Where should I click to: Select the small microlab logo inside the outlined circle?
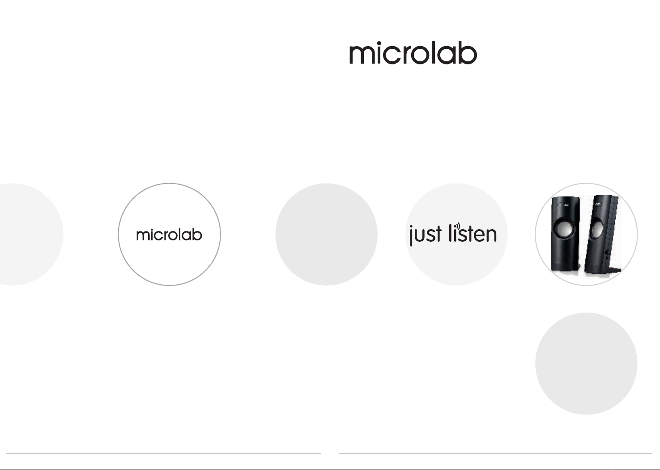[x=169, y=235]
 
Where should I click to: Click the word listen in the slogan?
[x=473, y=233]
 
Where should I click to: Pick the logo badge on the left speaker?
[x=563, y=205]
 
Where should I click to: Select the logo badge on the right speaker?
[x=599, y=204]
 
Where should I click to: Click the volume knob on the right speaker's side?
[x=607, y=252]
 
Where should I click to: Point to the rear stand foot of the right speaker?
[x=615, y=270]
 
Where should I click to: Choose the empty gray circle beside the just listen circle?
[x=327, y=234]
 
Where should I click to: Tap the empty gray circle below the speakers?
[x=586, y=363]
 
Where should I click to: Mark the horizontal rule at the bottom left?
[x=164, y=453]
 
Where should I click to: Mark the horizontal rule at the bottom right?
[x=496, y=453]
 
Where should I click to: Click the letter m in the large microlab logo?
[x=361, y=55]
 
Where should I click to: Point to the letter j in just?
[x=411, y=236]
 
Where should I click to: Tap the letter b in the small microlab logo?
[x=197, y=235]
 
